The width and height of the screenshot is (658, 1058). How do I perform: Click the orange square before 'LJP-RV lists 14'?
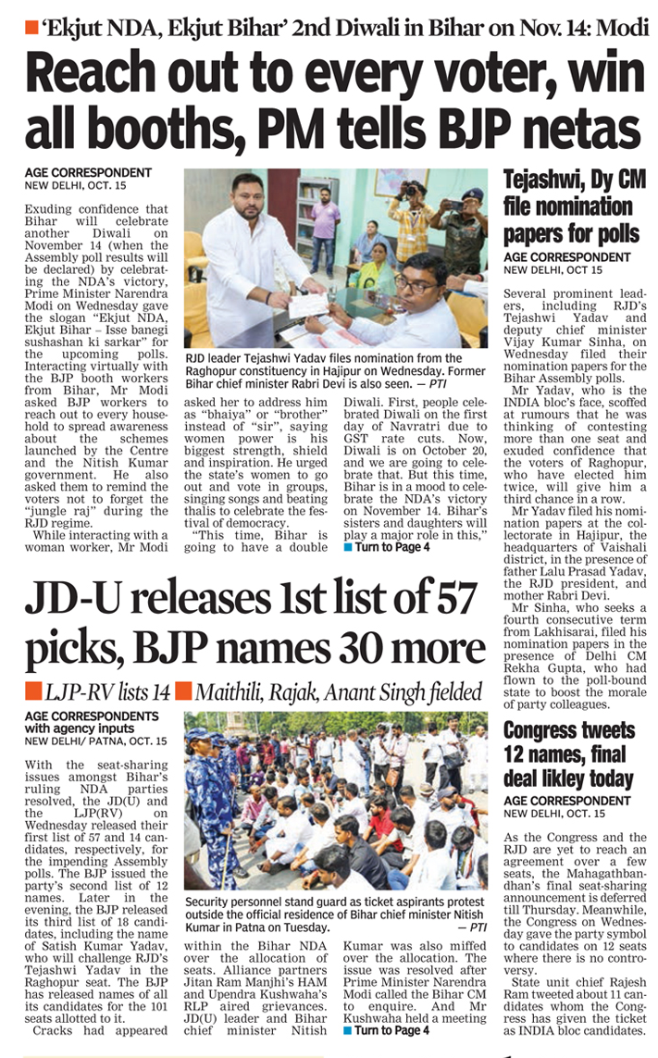tap(32, 691)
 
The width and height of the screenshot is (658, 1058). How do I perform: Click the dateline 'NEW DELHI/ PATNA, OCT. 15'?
tap(96, 741)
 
